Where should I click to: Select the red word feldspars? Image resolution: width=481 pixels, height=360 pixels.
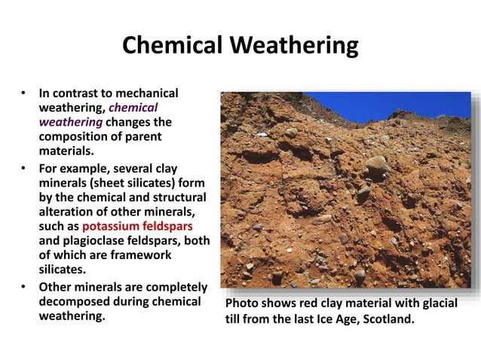pos(172,226)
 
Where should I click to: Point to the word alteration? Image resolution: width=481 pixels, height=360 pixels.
pos(69,212)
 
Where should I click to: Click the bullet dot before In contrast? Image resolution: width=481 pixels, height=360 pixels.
pos(23,94)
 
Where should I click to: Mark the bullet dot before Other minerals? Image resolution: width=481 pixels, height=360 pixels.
pos(23,287)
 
